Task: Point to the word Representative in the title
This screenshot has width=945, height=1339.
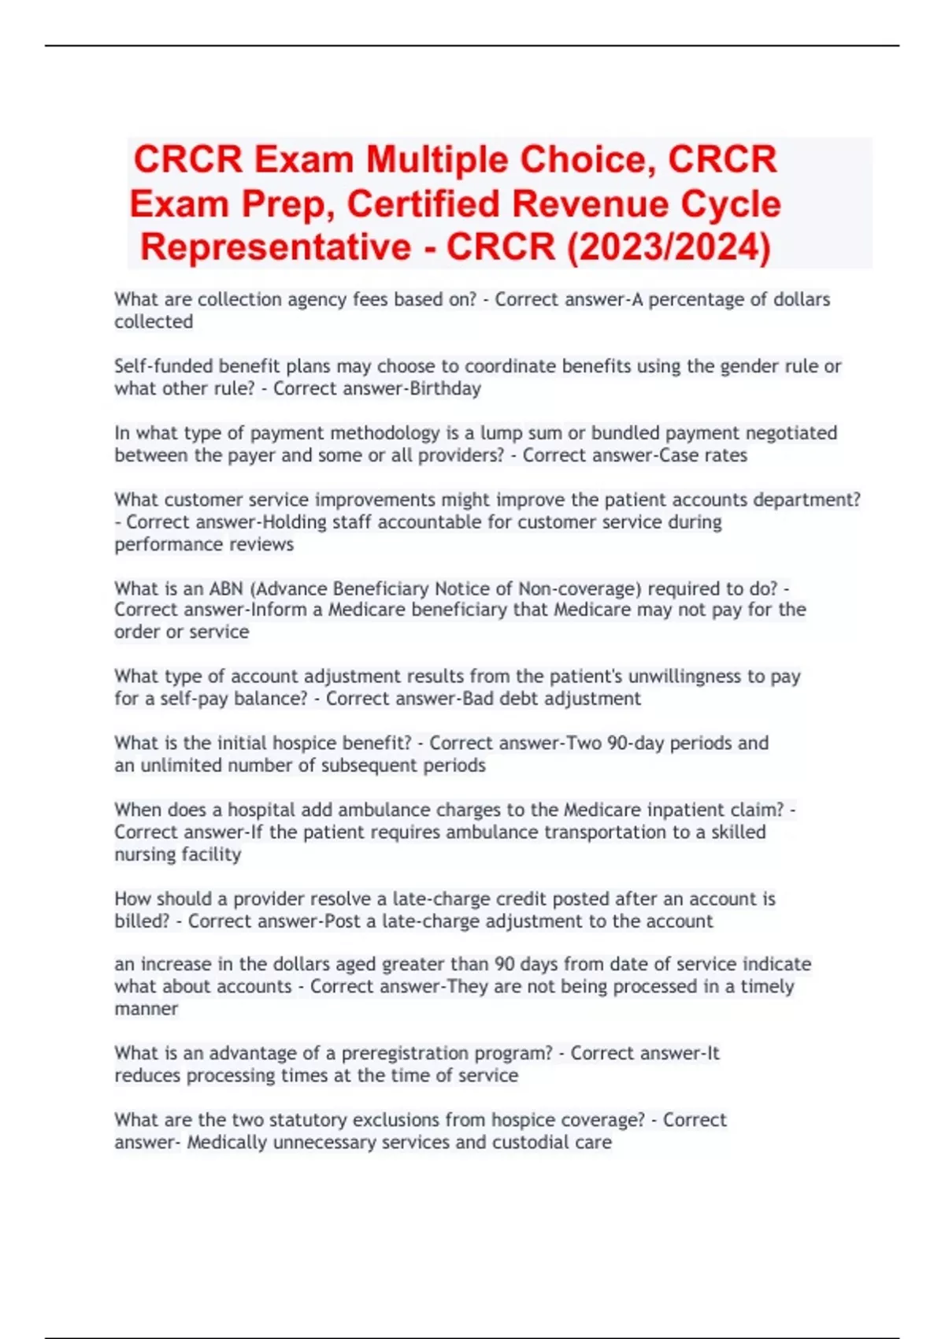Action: [276, 247]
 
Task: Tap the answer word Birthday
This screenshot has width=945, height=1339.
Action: [445, 389]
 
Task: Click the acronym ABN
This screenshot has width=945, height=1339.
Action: [226, 589]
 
